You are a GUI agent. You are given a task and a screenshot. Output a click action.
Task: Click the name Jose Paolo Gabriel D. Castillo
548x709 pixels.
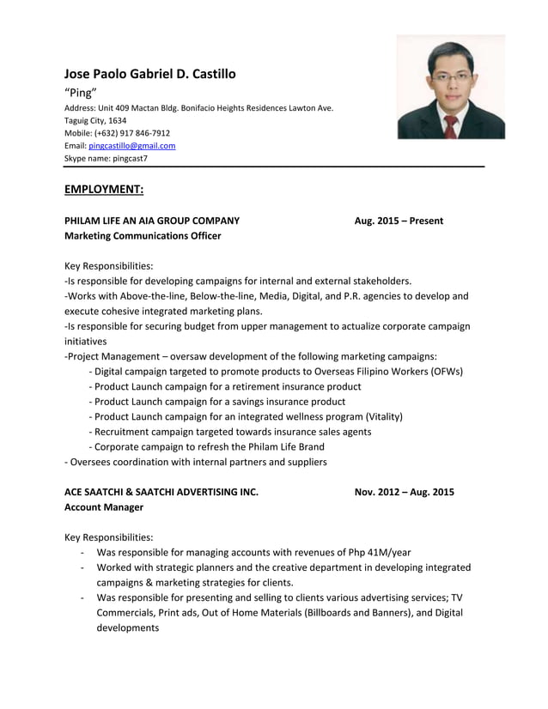tap(149, 74)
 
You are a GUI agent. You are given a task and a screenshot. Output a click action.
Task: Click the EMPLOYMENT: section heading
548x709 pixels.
tap(103, 189)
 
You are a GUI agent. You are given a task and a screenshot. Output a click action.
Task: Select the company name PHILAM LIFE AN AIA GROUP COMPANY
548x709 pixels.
tap(152, 221)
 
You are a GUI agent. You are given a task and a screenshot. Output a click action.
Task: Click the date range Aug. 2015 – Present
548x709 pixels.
tap(399, 221)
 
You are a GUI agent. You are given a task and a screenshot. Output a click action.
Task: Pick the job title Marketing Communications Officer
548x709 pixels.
tap(143, 236)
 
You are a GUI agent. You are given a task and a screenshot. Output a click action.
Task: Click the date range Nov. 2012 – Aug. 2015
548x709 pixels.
tap(404, 492)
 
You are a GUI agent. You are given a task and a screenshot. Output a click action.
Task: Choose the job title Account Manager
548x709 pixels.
tap(104, 507)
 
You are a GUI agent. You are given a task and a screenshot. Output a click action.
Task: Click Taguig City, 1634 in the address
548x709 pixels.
tap(95, 120)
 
